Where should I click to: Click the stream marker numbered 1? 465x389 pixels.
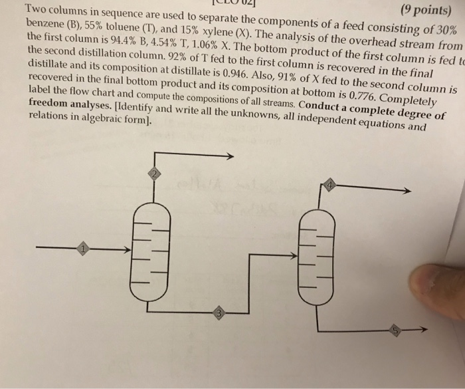pyautogui.click(x=83, y=249)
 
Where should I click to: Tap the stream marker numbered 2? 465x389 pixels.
pyautogui.click(x=153, y=175)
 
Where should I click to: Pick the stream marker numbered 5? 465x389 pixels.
pyautogui.click(x=395, y=330)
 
